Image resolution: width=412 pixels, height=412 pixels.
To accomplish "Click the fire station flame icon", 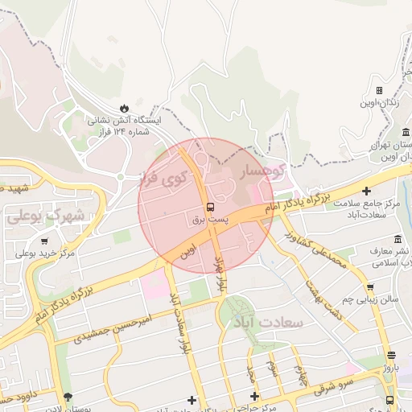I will tap(124, 108).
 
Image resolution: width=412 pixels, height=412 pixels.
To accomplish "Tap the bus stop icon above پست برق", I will tap(211, 206).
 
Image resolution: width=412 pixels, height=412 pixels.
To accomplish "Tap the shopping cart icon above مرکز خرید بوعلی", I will tap(43, 241).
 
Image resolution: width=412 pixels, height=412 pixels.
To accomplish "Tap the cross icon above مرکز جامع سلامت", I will tap(368, 191).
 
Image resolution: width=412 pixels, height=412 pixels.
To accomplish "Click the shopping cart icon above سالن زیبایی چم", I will tap(369, 286).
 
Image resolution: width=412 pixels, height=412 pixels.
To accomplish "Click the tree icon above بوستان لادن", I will tap(68, 396).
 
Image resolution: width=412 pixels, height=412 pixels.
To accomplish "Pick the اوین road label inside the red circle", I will tap(188, 251).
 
